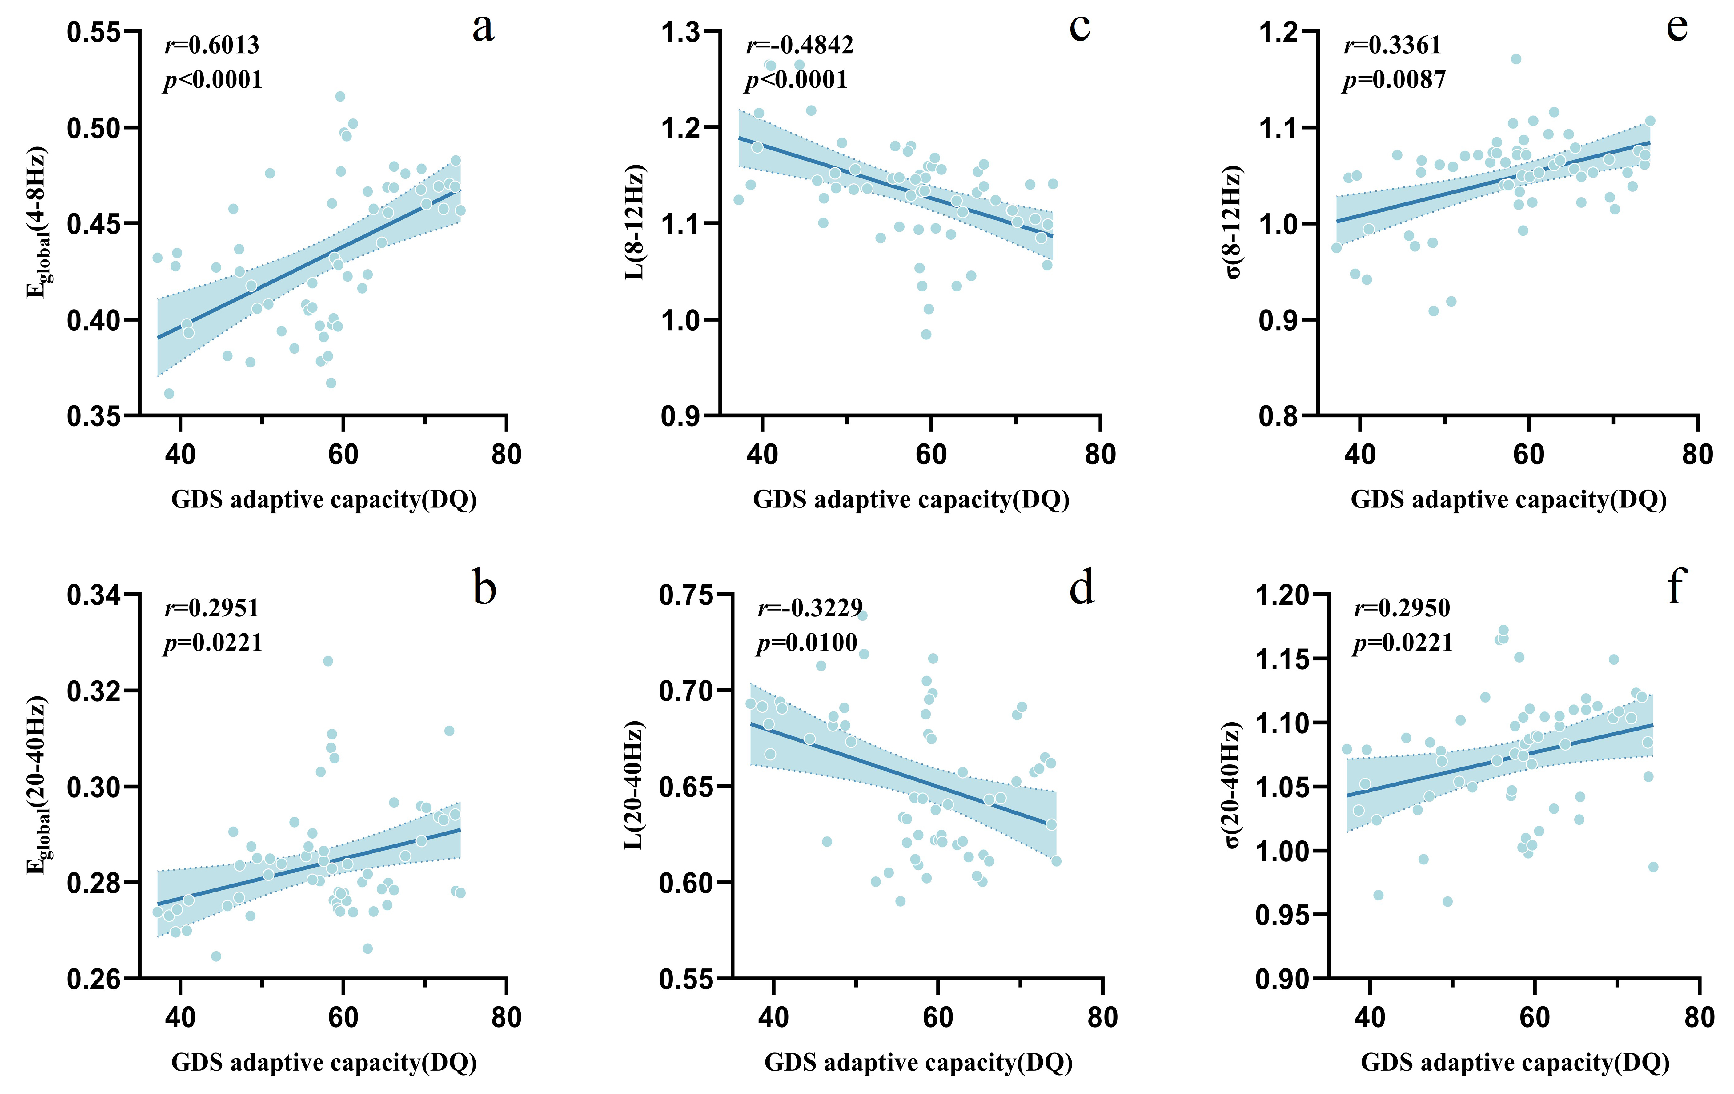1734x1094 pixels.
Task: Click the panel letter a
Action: [483, 29]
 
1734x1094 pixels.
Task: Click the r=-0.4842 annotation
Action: [799, 45]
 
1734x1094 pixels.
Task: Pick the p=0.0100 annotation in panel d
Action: [806, 643]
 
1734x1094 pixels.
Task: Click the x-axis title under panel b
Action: [324, 1062]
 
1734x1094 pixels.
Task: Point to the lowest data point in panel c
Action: [926, 334]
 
